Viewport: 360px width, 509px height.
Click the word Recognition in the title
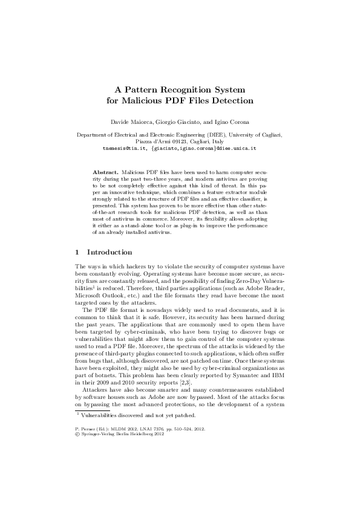point(182,88)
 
